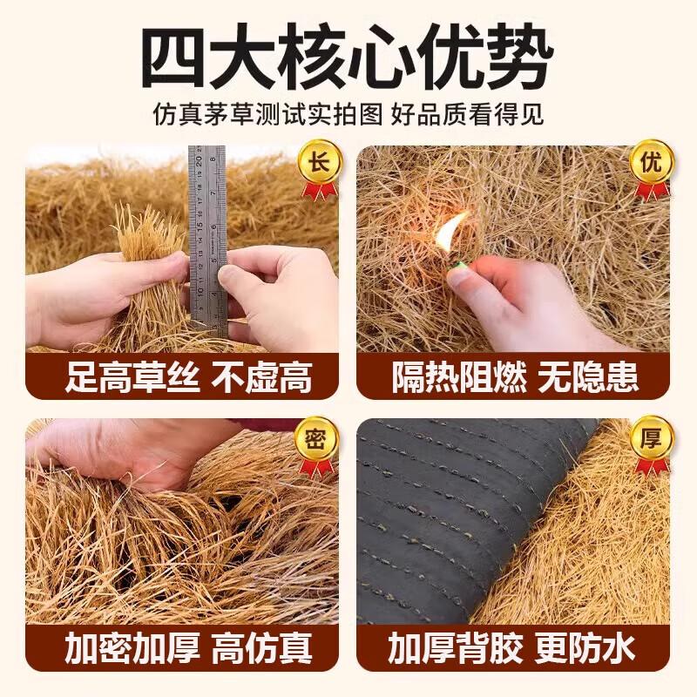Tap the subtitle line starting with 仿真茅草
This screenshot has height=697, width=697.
tap(348, 115)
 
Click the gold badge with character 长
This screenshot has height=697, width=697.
tap(319, 162)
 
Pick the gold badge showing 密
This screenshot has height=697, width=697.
tap(319, 439)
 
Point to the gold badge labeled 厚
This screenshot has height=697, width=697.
tap(651, 439)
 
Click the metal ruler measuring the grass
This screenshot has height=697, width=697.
tap(207, 241)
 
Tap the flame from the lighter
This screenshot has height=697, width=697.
tap(450, 230)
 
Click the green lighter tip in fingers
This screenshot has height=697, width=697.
tap(457, 267)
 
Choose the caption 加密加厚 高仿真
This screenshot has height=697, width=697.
tap(188, 648)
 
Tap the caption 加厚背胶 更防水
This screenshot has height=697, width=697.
tap(511, 648)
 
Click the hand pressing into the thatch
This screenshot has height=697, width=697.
tap(129, 453)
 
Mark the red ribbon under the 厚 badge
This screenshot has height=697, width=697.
tap(651, 467)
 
